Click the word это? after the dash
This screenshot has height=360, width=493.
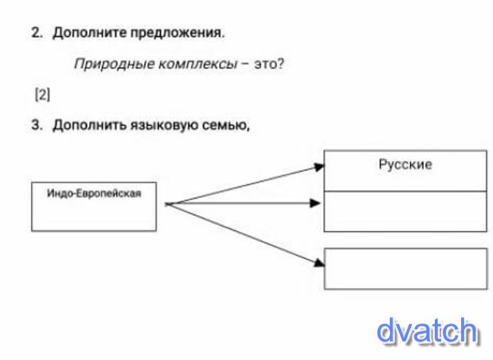(x=269, y=65)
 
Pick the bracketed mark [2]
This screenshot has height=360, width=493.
(x=42, y=95)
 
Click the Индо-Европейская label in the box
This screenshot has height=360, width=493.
(x=94, y=192)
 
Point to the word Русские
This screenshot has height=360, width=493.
(x=405, y=165)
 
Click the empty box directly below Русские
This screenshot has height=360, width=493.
(x=405, y=211)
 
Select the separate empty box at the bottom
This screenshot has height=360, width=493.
(x=405, y=268)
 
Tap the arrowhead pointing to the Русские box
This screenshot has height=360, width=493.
(x=319, y=167)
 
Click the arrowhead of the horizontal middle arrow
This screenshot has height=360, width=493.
(x=314, y=203)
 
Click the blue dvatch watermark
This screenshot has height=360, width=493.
(x=427, y=331)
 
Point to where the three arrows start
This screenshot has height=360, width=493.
(x=168, y=204)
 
